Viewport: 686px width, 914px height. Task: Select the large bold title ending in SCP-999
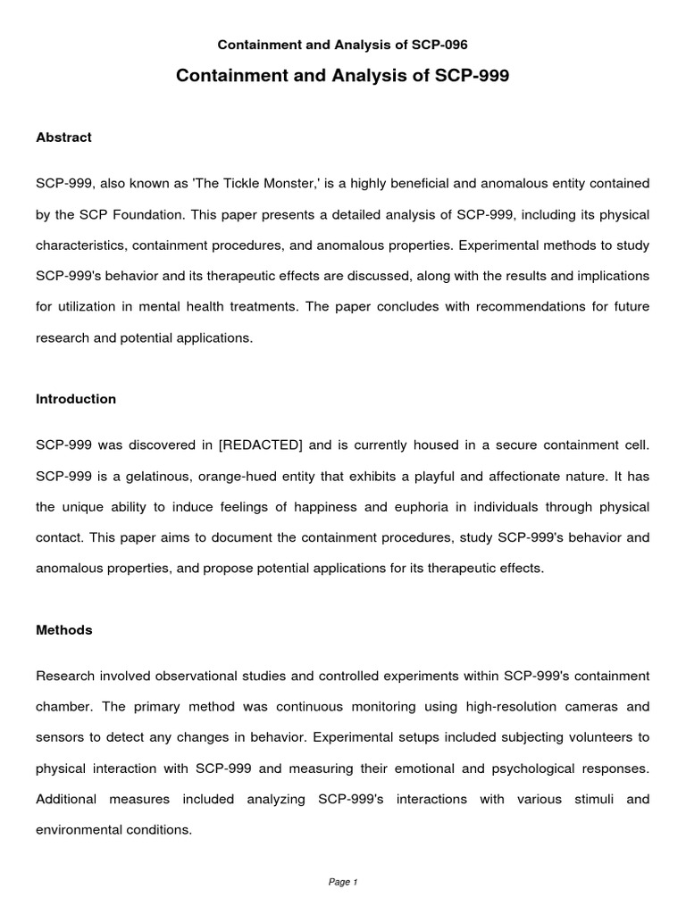(x=343, y=76)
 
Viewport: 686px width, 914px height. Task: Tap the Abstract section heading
(x=63, y=137)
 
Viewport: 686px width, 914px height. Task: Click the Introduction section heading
(x=76, y=399)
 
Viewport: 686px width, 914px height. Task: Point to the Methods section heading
(x=63, y=630)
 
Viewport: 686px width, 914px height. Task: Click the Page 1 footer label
(x=343, y=882)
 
